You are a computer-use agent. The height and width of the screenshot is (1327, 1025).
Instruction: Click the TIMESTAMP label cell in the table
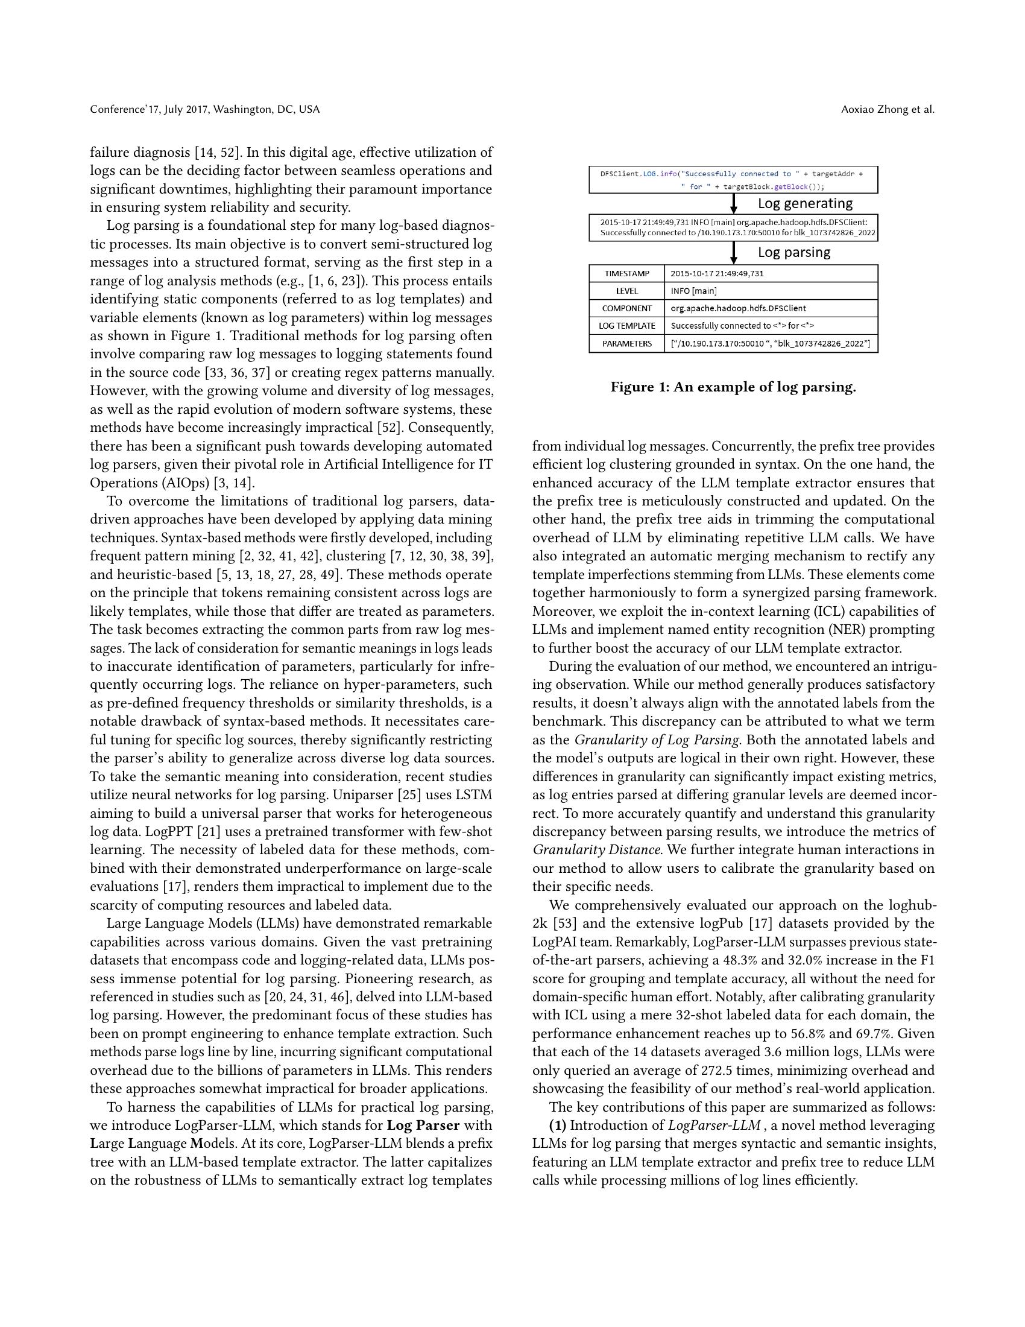pyautogui.click(x=626, y=273)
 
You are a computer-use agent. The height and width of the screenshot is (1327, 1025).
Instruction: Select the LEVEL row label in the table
pyautogui.click(x=626, y=291)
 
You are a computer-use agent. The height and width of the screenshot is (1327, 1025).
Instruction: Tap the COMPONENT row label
pyautogui.click(x=626, y=308)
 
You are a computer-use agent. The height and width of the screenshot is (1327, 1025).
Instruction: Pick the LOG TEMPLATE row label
pyautogui.click(x=626, y=326)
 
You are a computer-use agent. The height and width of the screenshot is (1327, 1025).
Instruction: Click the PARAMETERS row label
pyautogui.click(x=626, y=343)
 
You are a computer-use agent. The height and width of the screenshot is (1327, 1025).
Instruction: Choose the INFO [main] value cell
pyautogui.click(x=693, y=291)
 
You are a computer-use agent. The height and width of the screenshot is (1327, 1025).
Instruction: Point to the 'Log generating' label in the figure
pyautogui.click(x=804, y=203)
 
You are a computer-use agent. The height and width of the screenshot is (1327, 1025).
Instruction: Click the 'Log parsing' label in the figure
pyautogui.click(x=793, y=252)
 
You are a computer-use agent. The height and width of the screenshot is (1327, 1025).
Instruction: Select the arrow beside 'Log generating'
pyautogui.click(x=734, y=203)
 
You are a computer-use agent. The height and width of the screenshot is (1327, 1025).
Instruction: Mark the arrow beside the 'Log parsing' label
pyautogui.click(x=734, y=252)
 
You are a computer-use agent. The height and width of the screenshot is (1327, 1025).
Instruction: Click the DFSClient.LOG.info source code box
pyautogui.click(x=733, y=180)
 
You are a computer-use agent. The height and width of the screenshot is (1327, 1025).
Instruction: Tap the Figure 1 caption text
pyautogui.click(x=733, y=387)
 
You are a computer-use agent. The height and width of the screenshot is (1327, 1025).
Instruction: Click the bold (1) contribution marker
pyautogui.click(x=558, y=1126)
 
